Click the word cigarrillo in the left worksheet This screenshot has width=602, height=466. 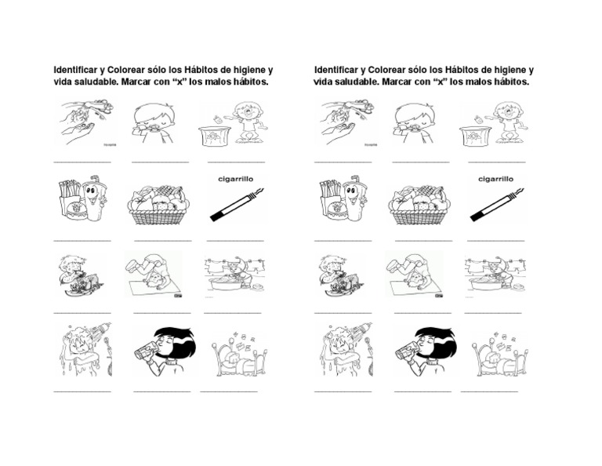(237, 178)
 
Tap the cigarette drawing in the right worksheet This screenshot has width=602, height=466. (497, 203)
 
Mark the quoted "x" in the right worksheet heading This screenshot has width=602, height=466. (448, 82)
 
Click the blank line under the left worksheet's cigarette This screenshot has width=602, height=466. (236, 239)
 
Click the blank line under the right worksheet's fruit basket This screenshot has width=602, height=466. (423, 239)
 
